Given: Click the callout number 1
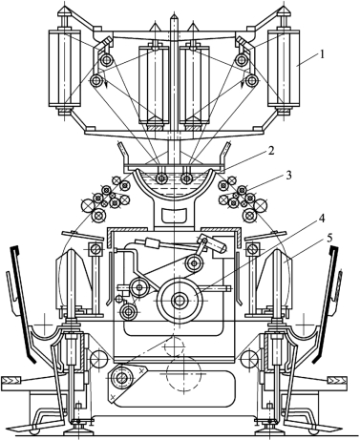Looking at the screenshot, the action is click(x=322, y=54).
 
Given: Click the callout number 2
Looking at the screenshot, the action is click(x=271, y=151).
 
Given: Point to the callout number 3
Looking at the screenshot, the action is click(x=288, y=176).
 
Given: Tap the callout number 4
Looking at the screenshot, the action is click(x=322, y=220).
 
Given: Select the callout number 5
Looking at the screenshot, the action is click(x=330, y=239).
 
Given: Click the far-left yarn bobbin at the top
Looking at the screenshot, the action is click(x=64, y=68).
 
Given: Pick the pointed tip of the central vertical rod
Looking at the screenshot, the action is click(x=173, y=14).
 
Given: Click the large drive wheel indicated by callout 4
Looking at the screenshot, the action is click(x=180, y=300).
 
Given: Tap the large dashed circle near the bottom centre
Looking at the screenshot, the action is click(x=183, y=374).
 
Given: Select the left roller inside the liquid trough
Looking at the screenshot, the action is click(x=161, y=178).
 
